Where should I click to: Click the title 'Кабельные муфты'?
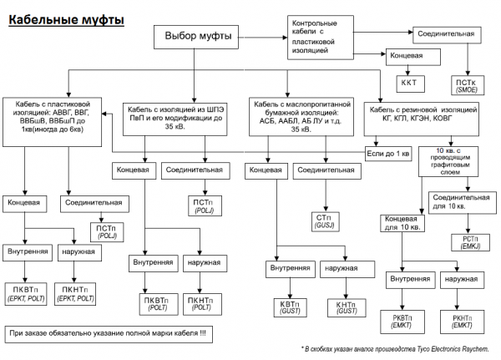(66, 17)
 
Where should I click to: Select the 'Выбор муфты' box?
(197, 37)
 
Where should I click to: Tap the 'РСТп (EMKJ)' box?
(469, 242)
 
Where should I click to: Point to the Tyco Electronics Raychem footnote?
(395, 348)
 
